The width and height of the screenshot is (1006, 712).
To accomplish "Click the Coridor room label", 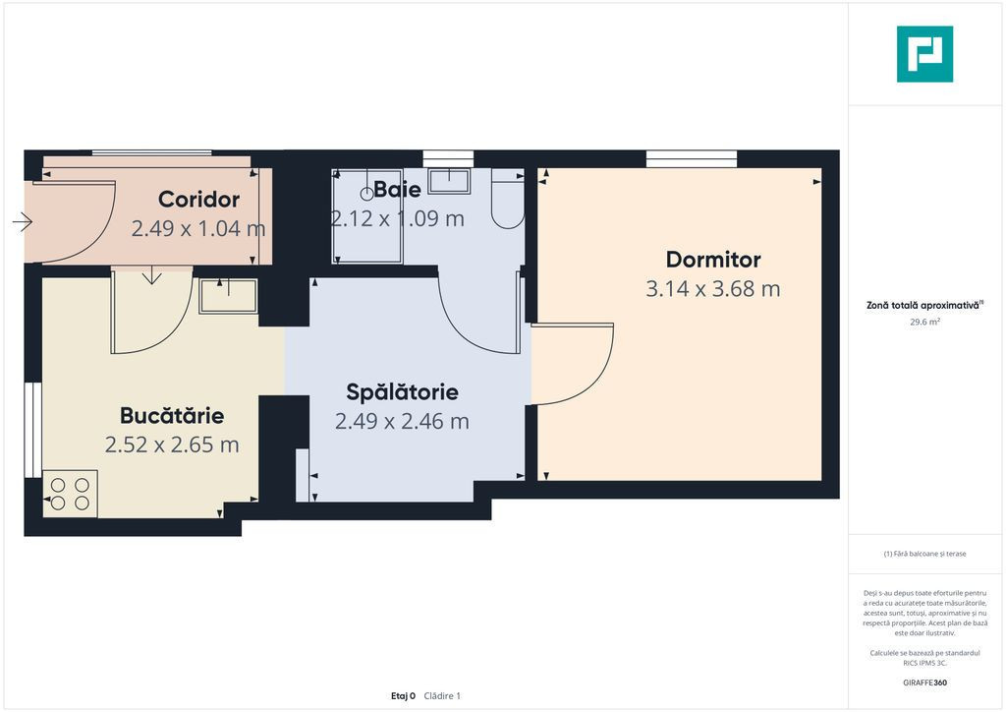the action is tap(198, 200).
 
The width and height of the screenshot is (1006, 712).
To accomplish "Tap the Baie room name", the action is tap(397, 190).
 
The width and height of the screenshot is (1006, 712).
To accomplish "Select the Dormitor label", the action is tap(713, 260).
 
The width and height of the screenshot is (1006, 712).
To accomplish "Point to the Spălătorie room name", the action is tap(402, 391).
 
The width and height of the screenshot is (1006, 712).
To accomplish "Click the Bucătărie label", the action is tap(172, 415).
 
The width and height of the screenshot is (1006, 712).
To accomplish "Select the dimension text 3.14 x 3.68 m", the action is tap(713, 289).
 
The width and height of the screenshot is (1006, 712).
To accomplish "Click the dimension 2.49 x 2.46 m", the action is tap(402, 421).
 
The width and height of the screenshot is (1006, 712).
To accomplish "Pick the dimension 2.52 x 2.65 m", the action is tap(172, 445).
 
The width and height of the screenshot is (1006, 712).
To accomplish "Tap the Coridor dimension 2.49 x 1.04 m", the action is tap(198, 228).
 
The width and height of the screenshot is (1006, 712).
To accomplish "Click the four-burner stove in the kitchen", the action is tap(70, 494).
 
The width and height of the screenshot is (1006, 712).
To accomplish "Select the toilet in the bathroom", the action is tap(508, 199).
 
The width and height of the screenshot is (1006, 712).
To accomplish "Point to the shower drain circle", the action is tap(367, 194).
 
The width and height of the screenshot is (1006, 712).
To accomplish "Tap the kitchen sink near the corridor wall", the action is tap(228, 296).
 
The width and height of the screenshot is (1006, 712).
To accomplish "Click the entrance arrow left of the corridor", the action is tap(23, 221).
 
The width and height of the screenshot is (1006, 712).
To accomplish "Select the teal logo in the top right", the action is tap(924, 54).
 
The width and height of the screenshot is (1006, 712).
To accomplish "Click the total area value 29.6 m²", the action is tap(924, 323).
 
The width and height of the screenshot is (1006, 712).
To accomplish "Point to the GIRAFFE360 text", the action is tap(924, 682).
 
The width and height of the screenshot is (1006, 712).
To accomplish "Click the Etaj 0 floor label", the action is tap(403, 696).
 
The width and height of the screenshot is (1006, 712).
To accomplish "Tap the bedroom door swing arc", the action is tap(593, 379).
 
